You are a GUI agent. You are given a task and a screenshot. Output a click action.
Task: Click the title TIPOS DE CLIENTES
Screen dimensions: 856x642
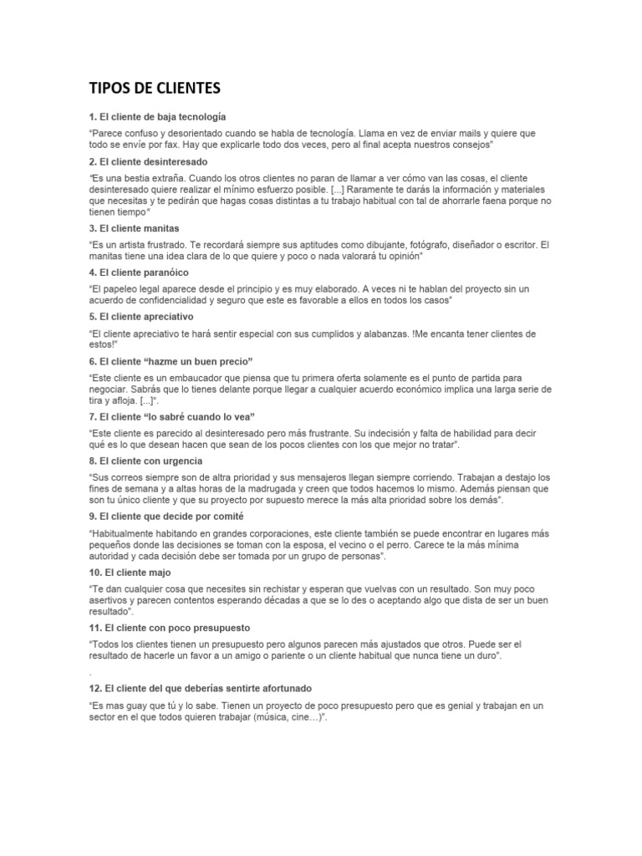pyautogui.click(x=155, y=89)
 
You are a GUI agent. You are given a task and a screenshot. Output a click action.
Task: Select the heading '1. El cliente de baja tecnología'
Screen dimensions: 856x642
pyautogui.click(x=157, y=116)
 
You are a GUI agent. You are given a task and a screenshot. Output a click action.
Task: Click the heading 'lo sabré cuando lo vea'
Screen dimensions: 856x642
pyautogui.click(x=171, y=416)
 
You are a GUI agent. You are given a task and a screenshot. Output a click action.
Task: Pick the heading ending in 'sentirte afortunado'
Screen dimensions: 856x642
pyautogui.click(x=200, y=688)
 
